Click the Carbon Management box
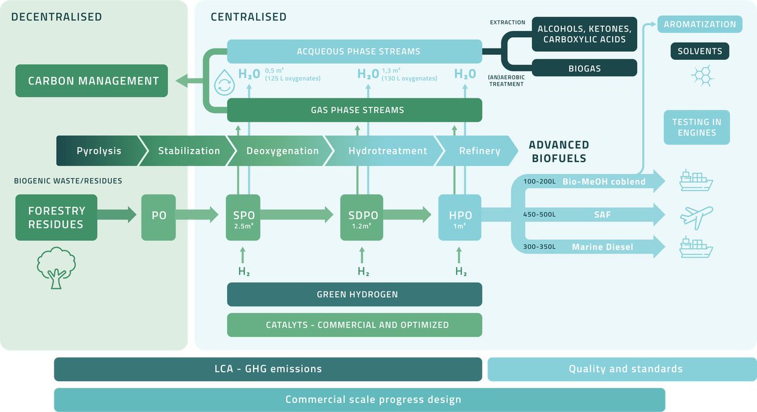pos(91,81)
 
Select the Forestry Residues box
pos(56,217)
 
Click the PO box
pos(158,217)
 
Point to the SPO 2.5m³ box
pos(243,217)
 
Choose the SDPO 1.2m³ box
pos(361,217)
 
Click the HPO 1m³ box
pos(460,217)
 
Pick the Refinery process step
pos(477,151)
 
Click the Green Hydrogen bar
pos(355,295)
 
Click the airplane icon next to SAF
pos(696,218)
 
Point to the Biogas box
pos(585,68)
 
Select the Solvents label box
pos(700,51)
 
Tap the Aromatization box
pos(700,25)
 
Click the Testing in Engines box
pos(697,127)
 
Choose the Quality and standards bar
pos(622,369)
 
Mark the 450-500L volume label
pos(539,215)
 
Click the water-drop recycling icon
pos(225,83)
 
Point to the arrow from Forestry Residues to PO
pos(117,215)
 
